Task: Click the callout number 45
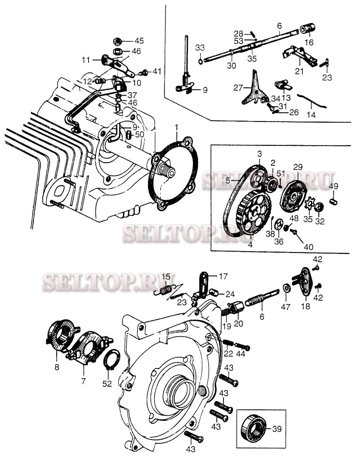click(139, 40)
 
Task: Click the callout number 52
click(107, 384)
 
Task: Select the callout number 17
click(223, 277)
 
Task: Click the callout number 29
click(298, 167)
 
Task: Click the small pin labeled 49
click(334, 200)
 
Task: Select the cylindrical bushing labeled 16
click(308, 28)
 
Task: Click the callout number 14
click(311, 115)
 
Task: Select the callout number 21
click(299, 71)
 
